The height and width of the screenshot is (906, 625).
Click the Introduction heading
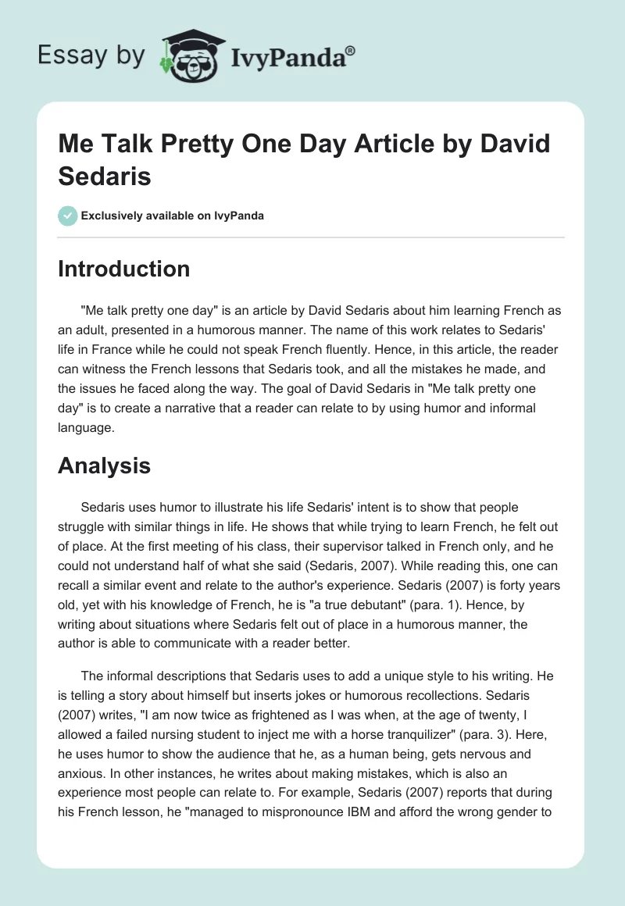click(123, 269)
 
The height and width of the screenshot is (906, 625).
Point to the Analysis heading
click(104, 466)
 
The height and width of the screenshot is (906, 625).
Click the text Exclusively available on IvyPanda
click(173, 216)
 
